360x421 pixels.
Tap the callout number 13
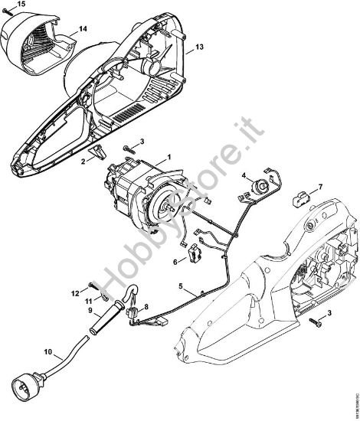[x=198, y=47]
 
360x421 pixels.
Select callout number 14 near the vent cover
[x=83, y=29]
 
